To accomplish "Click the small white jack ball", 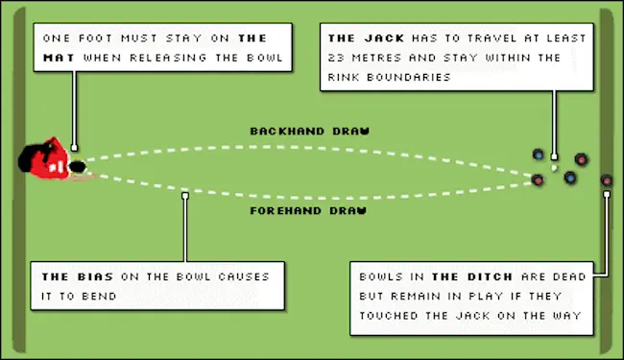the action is (554, 168).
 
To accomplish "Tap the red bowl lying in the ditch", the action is (607, 180).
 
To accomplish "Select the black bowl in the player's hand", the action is (77, 167).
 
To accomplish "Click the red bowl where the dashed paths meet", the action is (538, 180).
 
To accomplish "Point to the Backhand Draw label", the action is (310, 132).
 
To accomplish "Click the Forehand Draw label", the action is (308, 210).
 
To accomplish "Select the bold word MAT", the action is (59, 58).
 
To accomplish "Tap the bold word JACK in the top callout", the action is (384, 38).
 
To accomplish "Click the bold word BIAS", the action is (95, 276).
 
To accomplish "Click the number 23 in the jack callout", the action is (336, 58).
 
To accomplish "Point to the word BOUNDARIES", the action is (409, 77).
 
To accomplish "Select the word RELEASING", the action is (169, 58).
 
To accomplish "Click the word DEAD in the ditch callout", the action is (569, 276).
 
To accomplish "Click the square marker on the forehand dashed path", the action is (185, 196).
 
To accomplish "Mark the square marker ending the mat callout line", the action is (74, 148).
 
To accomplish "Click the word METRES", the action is (377, 58).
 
